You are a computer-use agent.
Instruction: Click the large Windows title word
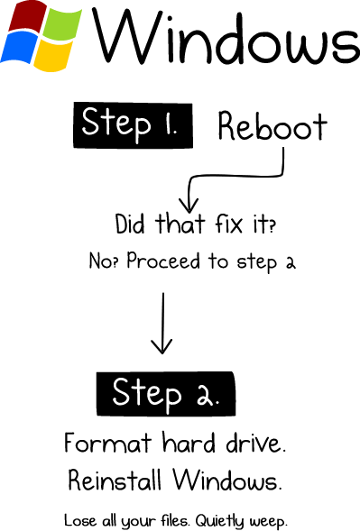pos(226,38)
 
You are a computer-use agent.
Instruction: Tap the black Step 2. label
pos(163,392)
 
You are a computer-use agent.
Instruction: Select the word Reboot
pos(272,127)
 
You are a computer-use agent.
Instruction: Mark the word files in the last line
pos(170,520)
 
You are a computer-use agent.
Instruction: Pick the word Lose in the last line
pos(79,520)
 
